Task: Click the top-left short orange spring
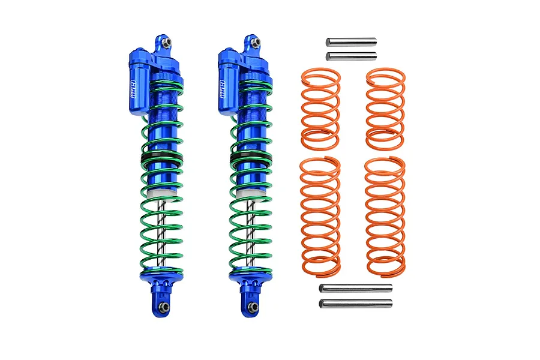[320, 109]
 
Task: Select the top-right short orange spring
[385, 109]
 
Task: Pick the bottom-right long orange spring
[385, 216]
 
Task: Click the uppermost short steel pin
[351, 42]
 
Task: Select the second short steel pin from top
[351, 56]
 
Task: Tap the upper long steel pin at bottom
[355, 288]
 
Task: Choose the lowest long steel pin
[355, 303]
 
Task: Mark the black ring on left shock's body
[162, 160]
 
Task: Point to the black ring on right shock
[250, 160]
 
